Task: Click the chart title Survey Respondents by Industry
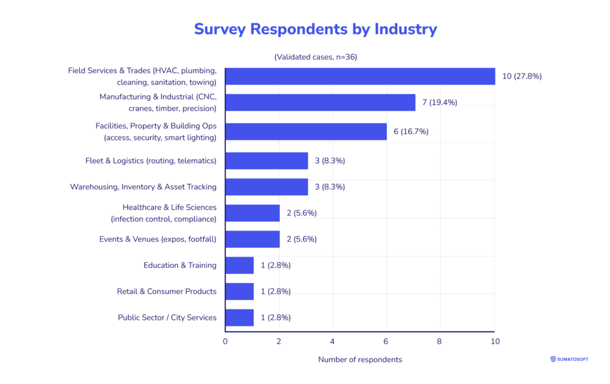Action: coord(315,29)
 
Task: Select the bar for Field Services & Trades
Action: coord(360,76)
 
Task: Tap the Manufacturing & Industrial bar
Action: coord(320,102)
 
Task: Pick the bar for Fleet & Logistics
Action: coord(266,161)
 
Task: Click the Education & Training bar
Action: coord(239,266)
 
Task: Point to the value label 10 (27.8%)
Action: coord(522,76)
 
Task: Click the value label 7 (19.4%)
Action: coord(440,102)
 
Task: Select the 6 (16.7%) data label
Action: coord(411,132)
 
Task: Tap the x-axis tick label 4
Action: coord(332,342)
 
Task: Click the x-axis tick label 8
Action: coord(440,342)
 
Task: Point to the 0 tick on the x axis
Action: coord(225,342)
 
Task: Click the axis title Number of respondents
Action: coord(360,360)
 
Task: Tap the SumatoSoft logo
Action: coord(569,359)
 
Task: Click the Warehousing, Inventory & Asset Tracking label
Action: coord(143,187)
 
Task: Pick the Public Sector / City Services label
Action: coord(167,317)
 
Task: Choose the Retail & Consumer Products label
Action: coord(166,291)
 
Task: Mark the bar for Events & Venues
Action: coord(253,239)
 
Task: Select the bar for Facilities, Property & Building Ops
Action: coord(306,132)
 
